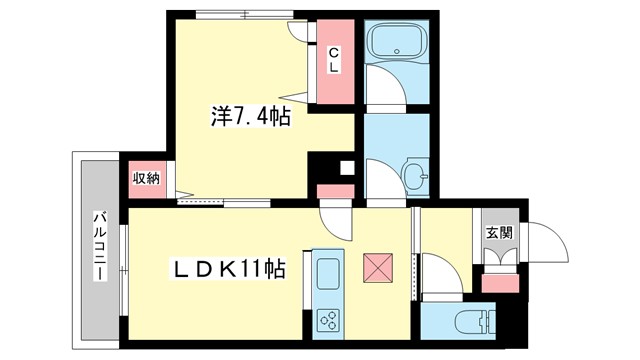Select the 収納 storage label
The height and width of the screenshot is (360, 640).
pyautogui.click(x=146, y=178)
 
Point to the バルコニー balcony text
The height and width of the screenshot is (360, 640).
pyautogui.click(x=100, y=246)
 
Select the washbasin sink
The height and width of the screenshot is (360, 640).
pyautogui.click(x=419, y=179)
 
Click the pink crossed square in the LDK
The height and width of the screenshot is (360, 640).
pyautogui.click(x=378, y=268)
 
